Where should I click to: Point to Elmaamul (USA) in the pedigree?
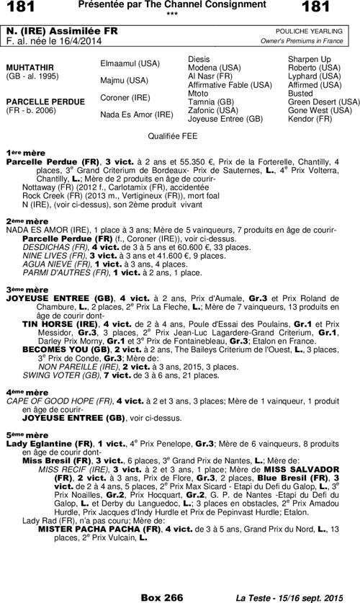click(x=130, y=63)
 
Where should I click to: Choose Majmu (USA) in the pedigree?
click(x=124, y=80)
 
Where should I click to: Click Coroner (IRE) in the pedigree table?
click(x=125, y=97)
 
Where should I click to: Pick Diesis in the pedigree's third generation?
click(x=199, y=58)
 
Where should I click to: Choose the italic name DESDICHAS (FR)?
click(x=55, y=246)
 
